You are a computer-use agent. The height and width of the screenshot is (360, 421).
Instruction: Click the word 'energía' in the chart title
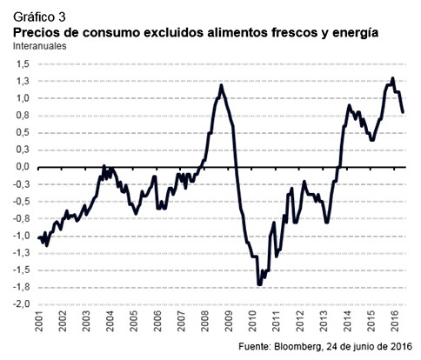click(354, 31)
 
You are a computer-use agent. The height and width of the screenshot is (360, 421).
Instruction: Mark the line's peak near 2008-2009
click(221, 85)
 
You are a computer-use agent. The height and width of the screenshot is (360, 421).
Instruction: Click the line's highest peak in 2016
click(392, 79)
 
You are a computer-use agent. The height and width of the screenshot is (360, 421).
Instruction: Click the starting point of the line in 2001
click(37, 236)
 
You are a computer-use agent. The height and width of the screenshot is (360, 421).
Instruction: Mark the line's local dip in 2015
click(371, 139)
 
